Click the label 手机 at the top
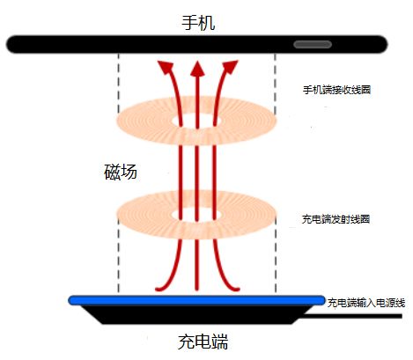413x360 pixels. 198,23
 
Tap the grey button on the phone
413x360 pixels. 313,45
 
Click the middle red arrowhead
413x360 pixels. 197,69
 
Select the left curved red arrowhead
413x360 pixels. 165,67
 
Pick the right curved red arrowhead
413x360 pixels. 231,67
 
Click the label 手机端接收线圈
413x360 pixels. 336,90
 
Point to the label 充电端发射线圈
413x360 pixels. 336,219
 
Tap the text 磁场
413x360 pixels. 121,172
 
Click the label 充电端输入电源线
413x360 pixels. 366,303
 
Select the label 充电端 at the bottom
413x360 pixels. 203,342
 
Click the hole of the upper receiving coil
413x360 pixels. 196,121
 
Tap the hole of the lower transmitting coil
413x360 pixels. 196,215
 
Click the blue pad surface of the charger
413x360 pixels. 196,300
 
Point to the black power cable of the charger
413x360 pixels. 352,316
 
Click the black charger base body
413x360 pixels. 196,314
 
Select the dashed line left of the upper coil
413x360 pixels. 119,84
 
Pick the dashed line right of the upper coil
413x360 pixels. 275,84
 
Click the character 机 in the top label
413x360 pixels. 207,23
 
